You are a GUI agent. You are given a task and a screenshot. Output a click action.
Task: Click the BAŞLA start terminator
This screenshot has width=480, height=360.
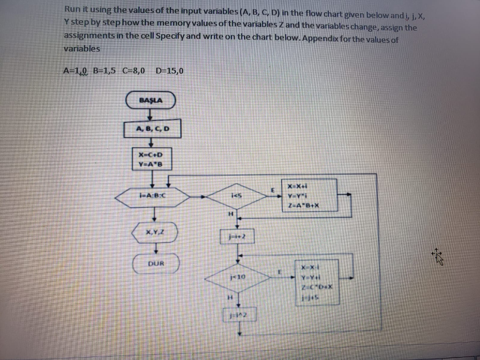point(150,100)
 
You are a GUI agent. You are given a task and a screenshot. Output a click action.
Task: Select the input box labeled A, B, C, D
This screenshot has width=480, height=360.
point(152,129)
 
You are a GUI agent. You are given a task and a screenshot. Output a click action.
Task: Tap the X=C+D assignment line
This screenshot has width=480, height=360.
point(150,154)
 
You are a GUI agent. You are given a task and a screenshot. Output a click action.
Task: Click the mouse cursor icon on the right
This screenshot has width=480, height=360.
point(438,257)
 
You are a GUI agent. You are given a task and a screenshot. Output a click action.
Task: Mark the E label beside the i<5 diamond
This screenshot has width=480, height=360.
point(272,189)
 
